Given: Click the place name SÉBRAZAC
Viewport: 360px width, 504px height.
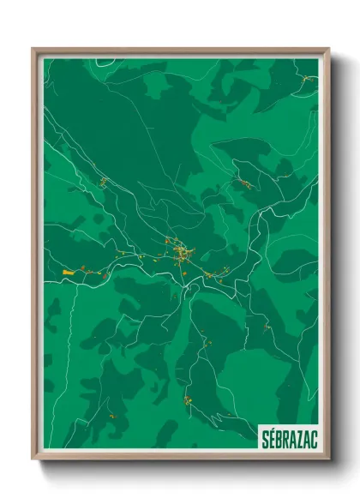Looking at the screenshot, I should [287, 437].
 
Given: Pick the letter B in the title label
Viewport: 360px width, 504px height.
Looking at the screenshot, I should [278, 437].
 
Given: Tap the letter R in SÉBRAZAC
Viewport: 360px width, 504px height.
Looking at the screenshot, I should [285, 437].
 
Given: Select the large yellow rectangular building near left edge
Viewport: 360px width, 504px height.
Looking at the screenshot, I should [69, 271].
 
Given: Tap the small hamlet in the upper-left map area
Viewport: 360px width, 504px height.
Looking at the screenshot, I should [102, 181].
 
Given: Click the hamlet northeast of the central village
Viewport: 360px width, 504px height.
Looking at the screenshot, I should [244, 183].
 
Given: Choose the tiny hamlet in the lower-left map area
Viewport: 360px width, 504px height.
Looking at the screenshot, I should [110, 416].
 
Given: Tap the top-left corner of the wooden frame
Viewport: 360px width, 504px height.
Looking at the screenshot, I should [33, 49].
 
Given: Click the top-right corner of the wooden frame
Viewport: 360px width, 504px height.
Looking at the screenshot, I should [328, 49].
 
